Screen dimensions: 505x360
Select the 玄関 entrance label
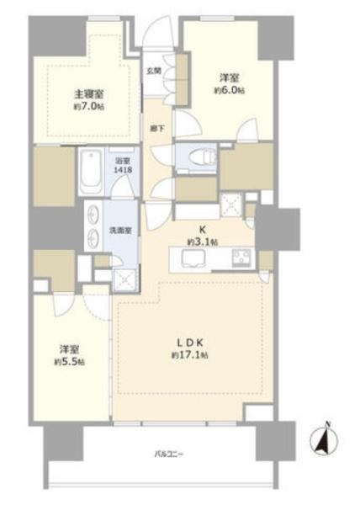[x=154, y=72]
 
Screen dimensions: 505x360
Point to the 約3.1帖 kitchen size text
[x=202, y=242]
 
